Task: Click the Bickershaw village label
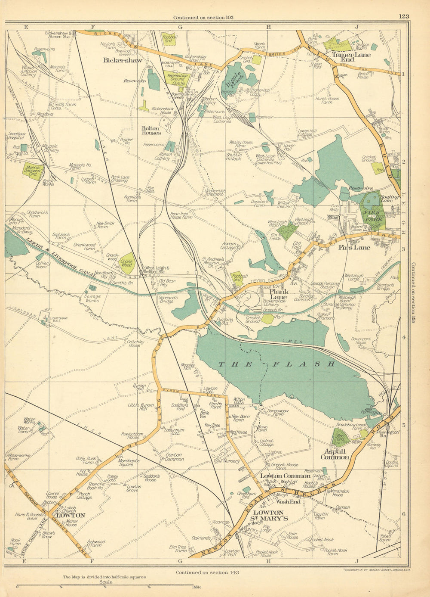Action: pos(123,61)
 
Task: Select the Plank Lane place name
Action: pos(278,294)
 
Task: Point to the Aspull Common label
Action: pos(335,454)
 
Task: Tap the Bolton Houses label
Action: pos(151,130)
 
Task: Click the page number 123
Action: pos(403,16)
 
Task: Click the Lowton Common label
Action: pos(285,476)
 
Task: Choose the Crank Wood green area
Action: pos(127,263)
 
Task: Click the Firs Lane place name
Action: pos(354,248)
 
